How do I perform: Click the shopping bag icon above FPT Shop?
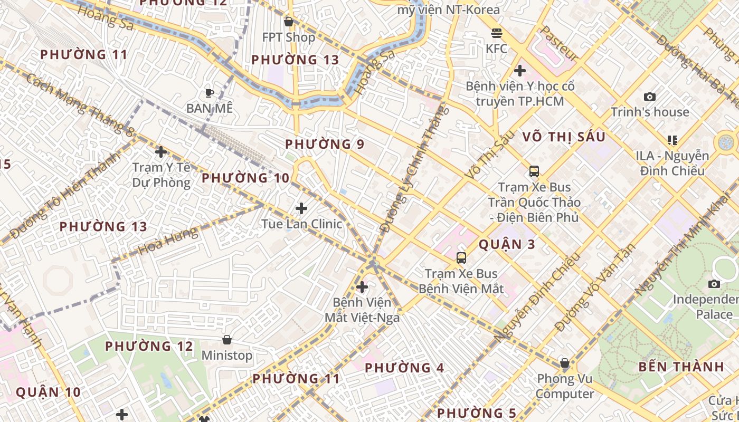(288, 22)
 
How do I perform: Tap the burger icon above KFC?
(496, 33)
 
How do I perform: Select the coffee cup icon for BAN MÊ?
(209, 93)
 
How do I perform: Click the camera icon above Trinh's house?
(650, 97)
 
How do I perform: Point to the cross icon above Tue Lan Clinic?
(301, 208)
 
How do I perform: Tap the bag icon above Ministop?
(227, 340)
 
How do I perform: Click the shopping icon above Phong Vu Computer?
(564, 363)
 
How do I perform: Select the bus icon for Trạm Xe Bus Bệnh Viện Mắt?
(461, 258)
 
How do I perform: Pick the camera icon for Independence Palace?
(714, 284)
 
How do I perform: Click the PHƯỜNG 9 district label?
(325, 144)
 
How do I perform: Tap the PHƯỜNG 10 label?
(245, 178)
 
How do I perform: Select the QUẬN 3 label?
(507, 244)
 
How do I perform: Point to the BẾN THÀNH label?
(681, 367)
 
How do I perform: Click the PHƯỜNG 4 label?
(404, 368)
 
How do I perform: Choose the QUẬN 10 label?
(48, 392)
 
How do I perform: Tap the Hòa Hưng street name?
(168, 241)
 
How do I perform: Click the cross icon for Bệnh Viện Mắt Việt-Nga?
(362, 287)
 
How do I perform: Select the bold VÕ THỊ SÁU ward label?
(564, 137)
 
